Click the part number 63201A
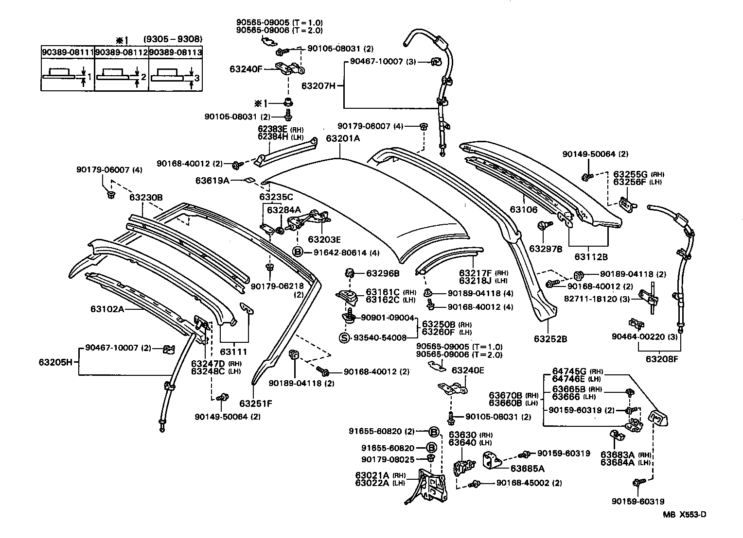click(343, 138)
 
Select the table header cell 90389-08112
click(121, 52)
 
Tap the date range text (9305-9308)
click(173, 39)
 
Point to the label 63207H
click(318, 86)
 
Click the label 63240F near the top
click(246, 69)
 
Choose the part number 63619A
click(212, 180)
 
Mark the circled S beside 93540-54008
click(344, 338)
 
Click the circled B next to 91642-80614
click(298, 252)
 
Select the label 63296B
click(383, 273)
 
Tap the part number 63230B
click(146, 198)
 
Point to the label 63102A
click(107, 308)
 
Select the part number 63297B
click(546, 249)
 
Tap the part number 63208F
click(662, 359)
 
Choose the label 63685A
click(527, 469)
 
